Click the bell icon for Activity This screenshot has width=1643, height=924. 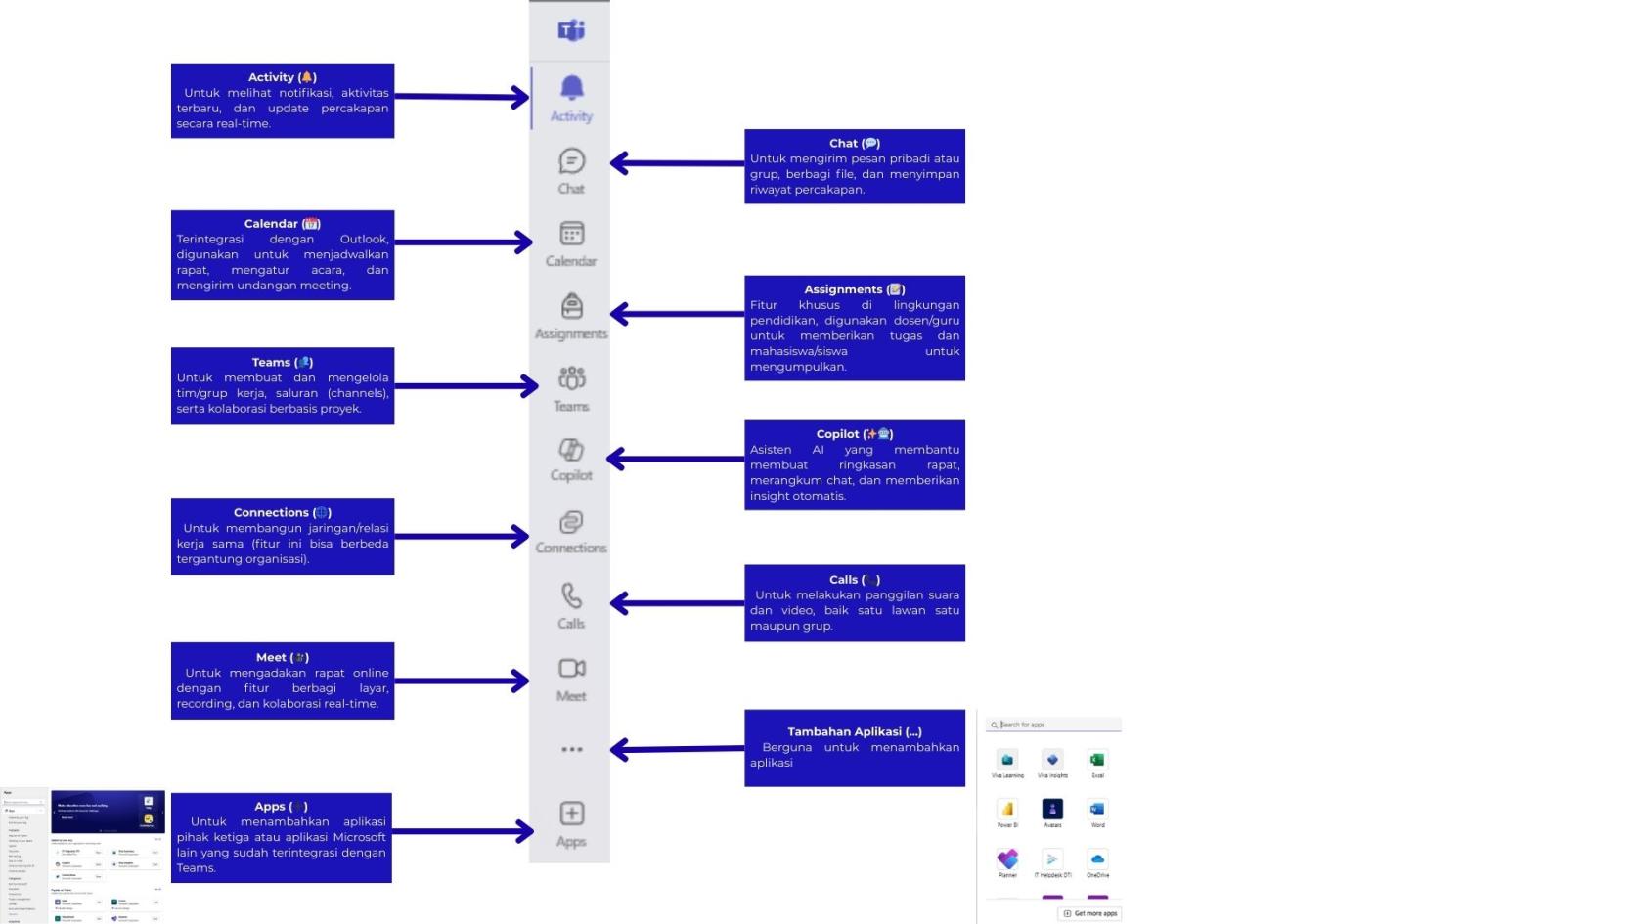572,88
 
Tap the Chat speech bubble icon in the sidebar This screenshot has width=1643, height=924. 572,160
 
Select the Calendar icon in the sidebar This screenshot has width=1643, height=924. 572,233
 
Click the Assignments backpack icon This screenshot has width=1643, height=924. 572,306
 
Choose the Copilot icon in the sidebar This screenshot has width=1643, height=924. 571,450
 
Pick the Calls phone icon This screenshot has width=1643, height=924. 571,595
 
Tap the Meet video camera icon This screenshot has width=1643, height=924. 572,669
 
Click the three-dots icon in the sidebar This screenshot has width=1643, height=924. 572,750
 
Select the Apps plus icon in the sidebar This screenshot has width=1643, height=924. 572,814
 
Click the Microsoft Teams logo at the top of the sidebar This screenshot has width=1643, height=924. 571,30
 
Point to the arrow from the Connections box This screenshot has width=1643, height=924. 460,536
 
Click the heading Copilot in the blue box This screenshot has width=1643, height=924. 838,434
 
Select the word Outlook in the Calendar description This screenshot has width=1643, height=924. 364,240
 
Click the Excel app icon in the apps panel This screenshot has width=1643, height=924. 1097,761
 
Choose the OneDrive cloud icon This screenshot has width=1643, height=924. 1097,859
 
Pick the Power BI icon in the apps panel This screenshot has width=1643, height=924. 1007,810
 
